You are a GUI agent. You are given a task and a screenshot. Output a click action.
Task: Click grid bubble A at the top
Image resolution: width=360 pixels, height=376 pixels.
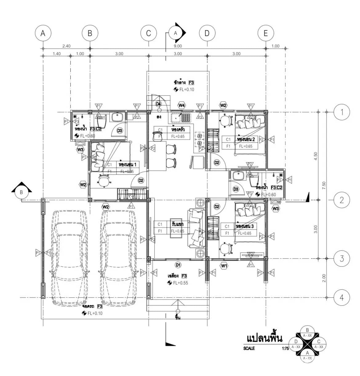tap(43, 33)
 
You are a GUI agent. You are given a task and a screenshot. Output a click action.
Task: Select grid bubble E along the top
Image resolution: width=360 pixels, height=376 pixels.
tap(266, 33)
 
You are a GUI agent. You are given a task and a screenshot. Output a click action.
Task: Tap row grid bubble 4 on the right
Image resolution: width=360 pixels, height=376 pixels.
tap(342, 297)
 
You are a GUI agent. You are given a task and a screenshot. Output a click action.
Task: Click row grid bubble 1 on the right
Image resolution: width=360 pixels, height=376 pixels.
tap(342, 112)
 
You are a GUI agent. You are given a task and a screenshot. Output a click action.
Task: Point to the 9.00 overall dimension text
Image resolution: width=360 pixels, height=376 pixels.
tap(178, 46)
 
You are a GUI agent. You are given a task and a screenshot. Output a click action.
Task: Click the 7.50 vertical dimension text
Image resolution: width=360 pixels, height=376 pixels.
tap(324, 186)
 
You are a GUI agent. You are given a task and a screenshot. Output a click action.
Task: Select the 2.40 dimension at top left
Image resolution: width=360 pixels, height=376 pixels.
tap(66, 46)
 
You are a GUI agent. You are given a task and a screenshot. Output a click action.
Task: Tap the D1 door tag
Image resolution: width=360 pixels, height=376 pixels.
tap(178, 265)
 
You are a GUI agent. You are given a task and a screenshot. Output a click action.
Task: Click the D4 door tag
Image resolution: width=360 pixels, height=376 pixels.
tap(158, 104)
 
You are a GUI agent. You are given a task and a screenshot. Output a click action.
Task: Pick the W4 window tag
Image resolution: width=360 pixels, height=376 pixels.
tap(182, 105)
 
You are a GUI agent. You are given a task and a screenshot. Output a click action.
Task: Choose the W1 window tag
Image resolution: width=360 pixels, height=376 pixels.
tap(224, 266)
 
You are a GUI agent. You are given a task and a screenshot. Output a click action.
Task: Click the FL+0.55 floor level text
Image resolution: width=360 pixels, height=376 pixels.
tap(180, 283)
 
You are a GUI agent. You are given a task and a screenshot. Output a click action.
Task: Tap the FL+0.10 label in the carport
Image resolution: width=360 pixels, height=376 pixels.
tap(94, 313)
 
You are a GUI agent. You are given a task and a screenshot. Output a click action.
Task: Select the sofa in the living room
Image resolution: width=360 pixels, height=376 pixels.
tap(197, 228)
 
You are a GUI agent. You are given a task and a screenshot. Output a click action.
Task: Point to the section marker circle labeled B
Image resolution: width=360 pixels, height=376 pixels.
tap(22, 192)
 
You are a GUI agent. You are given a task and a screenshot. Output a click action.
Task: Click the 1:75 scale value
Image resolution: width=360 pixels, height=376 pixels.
tap(286, 349)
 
